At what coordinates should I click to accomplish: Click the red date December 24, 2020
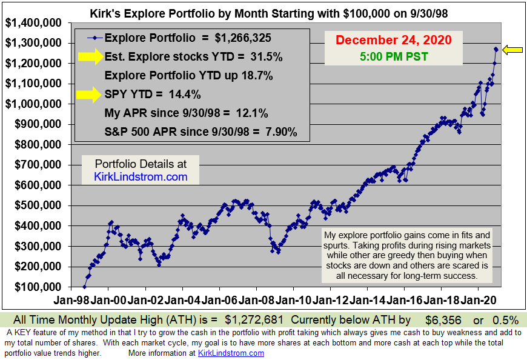pyautogui.click(x=393, y=40)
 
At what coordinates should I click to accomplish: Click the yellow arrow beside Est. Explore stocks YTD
pyautogui.click(x=90, y=57)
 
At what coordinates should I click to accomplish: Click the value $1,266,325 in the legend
pyautogui.click(x=243, y=38)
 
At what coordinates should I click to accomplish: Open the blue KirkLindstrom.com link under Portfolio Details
pyautogui.click(x=141, y=177)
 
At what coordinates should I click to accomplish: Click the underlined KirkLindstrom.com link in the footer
pyautogui.click(x=231, y=353)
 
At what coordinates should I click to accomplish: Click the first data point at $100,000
pyautogui.click(x=85, y=287)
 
